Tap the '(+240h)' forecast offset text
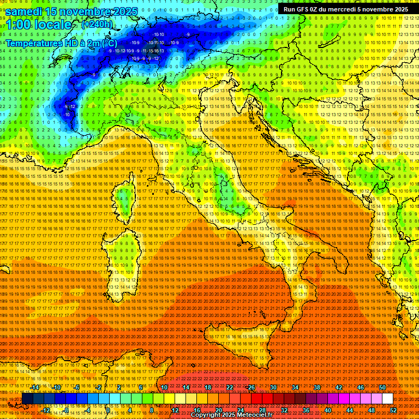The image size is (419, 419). coord(97,25)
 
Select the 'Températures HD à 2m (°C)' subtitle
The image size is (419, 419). coord(61,43)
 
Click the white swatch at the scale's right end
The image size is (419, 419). coord(387,399)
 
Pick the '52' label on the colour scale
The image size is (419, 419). coord(393,410)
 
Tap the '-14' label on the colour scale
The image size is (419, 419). coord(35,387)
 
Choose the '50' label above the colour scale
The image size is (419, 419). coord(382,387)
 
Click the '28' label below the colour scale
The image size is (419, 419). coord(262,410)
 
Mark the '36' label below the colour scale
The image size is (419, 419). coord(306,410)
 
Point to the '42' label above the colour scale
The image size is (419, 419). coord(339,387)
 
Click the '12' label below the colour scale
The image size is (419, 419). coord(175,410)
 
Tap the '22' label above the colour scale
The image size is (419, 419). coord(230,387)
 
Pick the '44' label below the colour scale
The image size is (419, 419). coord(349,410)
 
